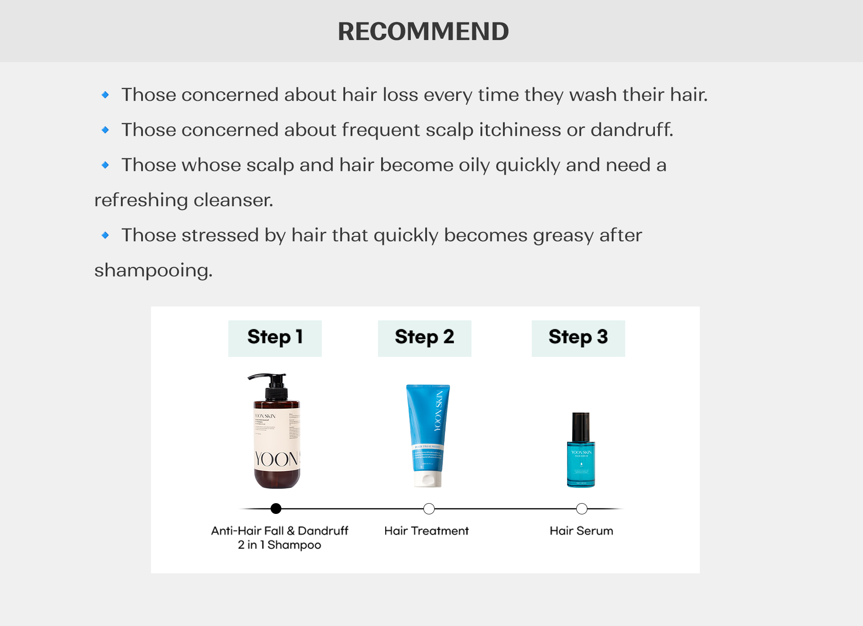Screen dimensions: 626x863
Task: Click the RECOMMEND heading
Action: click(x=423, y=32)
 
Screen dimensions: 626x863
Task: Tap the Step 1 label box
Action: click(x=275, y=338)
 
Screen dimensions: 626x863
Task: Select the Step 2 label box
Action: click(x=424, y=338)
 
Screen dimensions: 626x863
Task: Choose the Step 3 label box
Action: click(x=578, y=338)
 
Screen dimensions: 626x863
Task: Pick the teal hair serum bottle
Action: click(x=581, y=455)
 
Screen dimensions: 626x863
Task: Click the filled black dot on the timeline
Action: click(x=276, y=509)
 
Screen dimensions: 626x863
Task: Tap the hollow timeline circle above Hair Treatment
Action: click(x=429, y=509)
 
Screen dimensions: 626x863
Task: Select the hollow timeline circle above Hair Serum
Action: click(x=582, y=509)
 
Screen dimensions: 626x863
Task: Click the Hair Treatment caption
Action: click(x=426, y=531)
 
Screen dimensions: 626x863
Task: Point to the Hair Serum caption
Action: click(x=581, y=531)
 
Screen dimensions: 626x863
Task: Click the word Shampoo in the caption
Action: click(x=294, y=545)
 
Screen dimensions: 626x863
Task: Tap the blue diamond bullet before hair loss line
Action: click(x=105, y=95)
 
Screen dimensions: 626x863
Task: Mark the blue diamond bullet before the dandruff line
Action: click(x=105, y=130)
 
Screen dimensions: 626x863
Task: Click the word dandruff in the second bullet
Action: click(x=632, y=130)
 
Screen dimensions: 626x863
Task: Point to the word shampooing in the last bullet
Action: click(x=153, y=270)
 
